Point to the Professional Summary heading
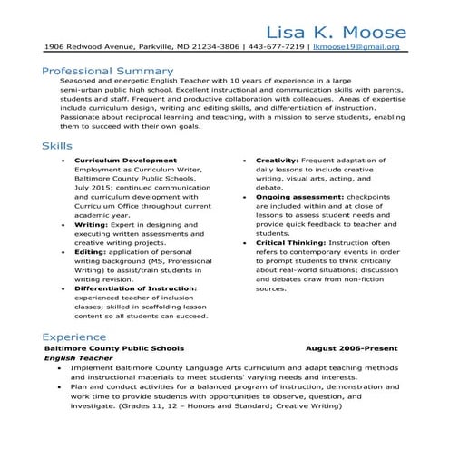[x=107, y=70]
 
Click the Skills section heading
[x=58, y=146]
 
